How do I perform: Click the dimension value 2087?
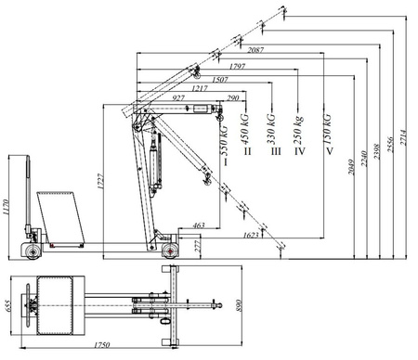(258, 48)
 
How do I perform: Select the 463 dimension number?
(198, 225)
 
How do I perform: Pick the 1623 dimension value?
(251, 236)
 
